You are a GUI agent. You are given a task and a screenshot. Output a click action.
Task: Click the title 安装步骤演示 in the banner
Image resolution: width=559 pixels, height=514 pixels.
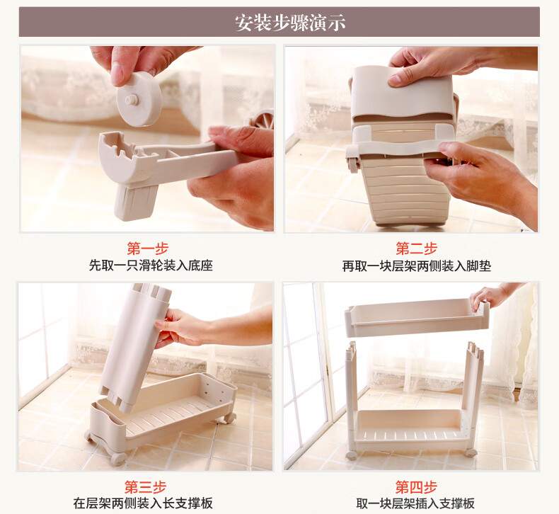click(290, 23)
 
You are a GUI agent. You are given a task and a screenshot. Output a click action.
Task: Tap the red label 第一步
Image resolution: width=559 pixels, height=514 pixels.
click(148, 249)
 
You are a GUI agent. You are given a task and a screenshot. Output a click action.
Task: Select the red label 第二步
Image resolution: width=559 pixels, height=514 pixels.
click(416, 249)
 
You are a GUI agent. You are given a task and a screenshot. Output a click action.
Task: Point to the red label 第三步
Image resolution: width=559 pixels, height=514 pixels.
click(146, 487)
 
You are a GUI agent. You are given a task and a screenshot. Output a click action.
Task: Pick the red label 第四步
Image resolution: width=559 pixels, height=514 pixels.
click(416, 487)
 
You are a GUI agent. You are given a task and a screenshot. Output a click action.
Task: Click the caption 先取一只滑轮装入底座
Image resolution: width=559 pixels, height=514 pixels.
click(151, 265)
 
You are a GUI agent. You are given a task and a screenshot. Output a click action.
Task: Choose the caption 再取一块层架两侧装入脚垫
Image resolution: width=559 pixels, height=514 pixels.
click(416, 265)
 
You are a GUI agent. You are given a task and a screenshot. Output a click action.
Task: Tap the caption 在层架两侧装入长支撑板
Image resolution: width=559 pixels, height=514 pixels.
click(143, 503)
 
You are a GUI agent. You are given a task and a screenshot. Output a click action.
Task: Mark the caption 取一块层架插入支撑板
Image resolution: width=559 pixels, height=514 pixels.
click(415, 503)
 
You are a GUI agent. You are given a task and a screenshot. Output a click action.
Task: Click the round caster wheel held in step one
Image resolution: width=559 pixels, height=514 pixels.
click(138, 100)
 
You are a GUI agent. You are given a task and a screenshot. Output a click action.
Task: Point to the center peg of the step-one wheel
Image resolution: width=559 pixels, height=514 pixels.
click(132, 100)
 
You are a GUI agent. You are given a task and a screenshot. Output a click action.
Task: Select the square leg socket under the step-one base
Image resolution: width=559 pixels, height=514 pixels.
click(136, 202)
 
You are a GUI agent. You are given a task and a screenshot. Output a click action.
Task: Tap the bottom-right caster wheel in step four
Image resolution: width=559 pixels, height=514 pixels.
click(471, 452)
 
